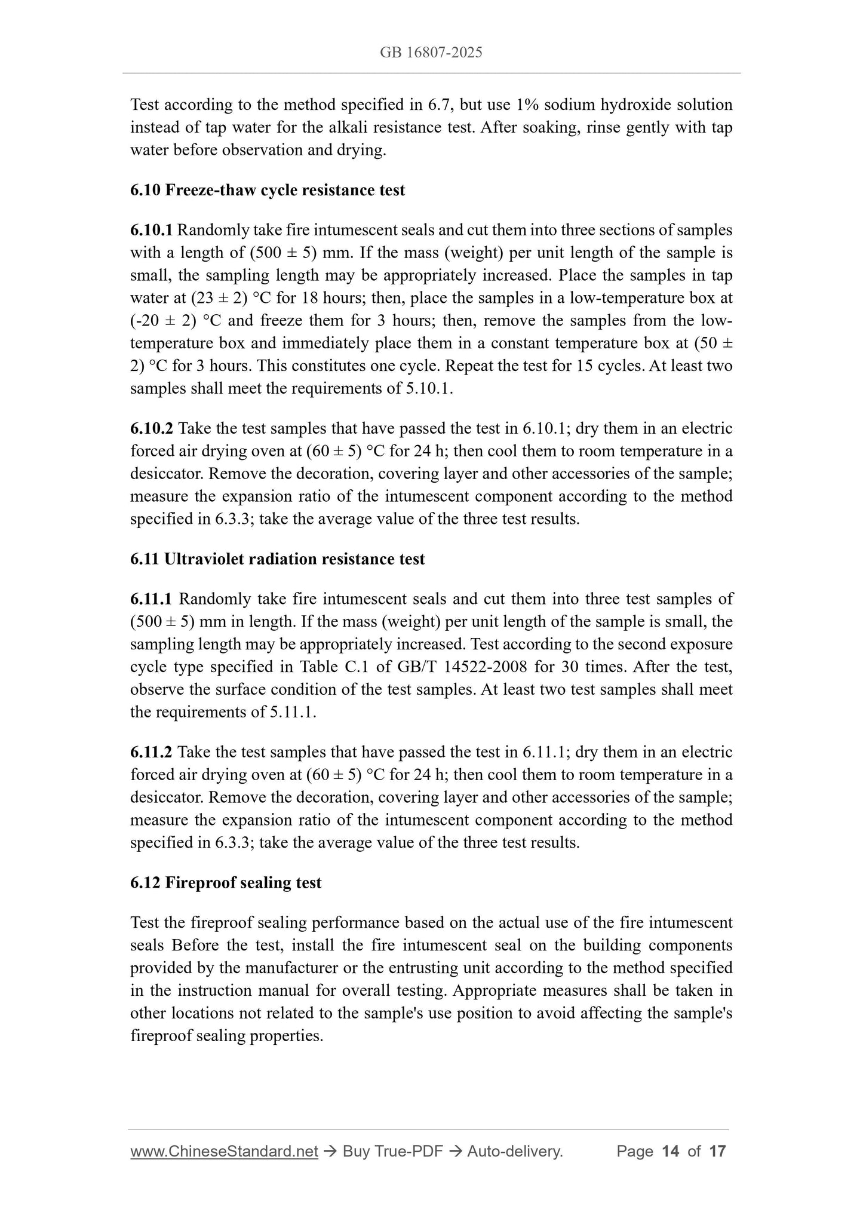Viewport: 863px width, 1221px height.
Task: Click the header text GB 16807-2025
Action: point(431,53)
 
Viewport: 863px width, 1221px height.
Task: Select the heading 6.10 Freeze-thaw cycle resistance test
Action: point(268,190)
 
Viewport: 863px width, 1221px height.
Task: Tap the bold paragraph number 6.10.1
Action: point(152,230)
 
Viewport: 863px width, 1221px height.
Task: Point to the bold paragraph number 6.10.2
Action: point(152,428)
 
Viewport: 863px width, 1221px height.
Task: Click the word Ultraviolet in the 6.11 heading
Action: point(202,559)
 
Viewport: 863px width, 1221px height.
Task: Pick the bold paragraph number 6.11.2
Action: point(152,752)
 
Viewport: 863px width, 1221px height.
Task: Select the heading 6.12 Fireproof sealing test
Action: point(226,882)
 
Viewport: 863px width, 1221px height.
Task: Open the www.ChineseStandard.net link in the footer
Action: point(224,1151)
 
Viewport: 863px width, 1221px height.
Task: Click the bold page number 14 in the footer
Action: point(671,1151)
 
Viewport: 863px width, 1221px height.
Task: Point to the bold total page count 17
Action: point(717,1151)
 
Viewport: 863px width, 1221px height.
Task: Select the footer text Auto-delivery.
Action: point(515,1151)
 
